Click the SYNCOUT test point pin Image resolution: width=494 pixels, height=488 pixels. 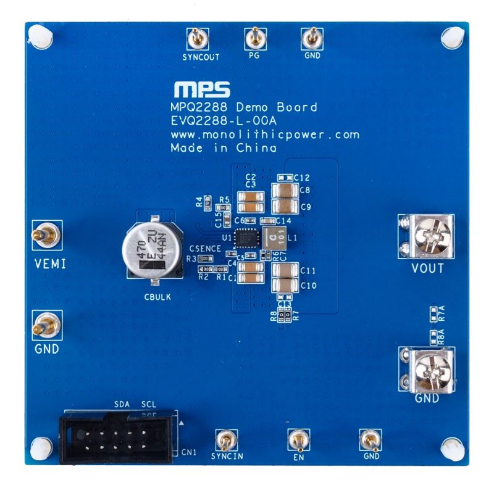(197, 39)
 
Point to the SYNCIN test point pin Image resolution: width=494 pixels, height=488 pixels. (225, 440)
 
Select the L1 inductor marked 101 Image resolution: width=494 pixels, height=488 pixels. (272, 237)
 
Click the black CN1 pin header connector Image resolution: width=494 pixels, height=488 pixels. (117, 439)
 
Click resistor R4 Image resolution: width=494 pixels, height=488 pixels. (208, 201)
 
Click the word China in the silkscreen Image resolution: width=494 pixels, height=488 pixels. (258, 148)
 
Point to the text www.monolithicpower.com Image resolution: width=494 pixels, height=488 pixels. (264, 134)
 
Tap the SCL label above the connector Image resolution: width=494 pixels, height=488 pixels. (149, 403)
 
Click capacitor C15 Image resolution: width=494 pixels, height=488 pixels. (226, 214)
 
